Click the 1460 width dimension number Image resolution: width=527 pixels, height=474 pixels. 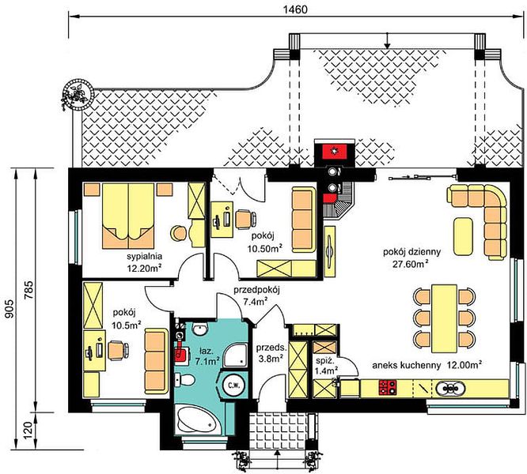[x=295, y=9]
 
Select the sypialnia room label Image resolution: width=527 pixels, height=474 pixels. [x=145, y=257]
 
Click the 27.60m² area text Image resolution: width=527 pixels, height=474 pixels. [x=411, y=264]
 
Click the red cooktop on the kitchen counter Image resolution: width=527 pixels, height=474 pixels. [x=388, y=387]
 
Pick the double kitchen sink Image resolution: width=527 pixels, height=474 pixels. [x=451, y=388]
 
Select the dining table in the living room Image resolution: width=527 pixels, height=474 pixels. [x=445, y=318]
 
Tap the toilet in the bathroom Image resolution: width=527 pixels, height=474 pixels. [x=184, y=380]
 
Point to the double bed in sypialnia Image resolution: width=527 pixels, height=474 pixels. [x=128, y=216]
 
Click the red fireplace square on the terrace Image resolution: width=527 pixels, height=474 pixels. [x=335, y=152]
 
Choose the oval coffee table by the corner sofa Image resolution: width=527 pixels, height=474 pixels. [x=463, y=236]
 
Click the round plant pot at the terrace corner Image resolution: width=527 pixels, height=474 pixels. [x=78, y=95]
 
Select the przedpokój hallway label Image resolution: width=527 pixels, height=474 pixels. [x=257, y=290]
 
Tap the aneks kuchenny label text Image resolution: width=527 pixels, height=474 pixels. [x=407, y=366]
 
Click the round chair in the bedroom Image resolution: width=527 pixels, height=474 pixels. [x=179, y=233]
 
